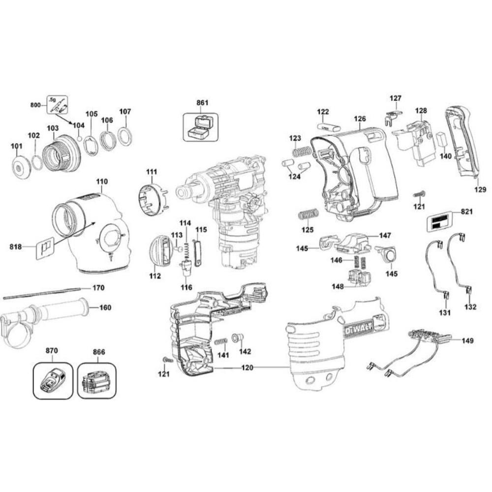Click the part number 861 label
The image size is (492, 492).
tap(202, 103)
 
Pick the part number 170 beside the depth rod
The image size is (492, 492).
tap(98, 287)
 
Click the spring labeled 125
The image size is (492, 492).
tap(308, 215)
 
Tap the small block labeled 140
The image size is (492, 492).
tap(441, 139)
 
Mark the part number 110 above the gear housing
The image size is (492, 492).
tap(102, 182)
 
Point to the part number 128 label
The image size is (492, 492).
tap(421, 111)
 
